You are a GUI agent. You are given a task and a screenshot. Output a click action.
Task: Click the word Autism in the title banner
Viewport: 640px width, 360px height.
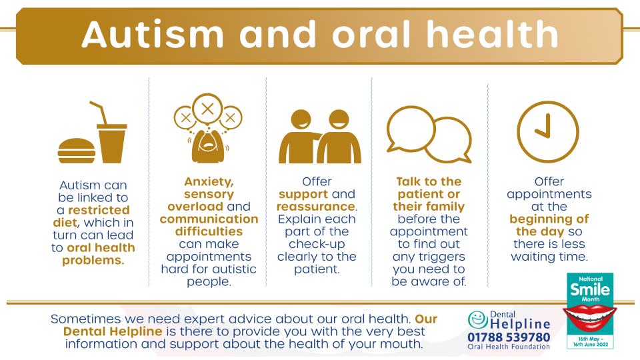(x=153, y=34)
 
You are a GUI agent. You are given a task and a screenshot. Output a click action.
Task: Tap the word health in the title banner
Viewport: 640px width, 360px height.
(x=492, y=34)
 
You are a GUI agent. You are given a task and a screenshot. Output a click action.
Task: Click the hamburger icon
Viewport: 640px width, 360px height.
(x=76, y=151)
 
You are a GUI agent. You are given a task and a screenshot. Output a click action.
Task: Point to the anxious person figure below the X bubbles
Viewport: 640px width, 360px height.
(x=208, y=145)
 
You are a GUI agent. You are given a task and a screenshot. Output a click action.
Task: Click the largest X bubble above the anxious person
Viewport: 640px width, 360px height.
(x=208, y=109)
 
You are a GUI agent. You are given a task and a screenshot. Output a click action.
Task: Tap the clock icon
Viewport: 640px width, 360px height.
(x=548, y=132)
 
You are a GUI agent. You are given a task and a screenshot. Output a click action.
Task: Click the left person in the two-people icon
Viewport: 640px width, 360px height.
(x=299, y=137)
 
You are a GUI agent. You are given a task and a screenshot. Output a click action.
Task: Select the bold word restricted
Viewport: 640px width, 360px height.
(x=99, y=210)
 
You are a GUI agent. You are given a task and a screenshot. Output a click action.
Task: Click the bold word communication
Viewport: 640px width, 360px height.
(x=209, y=219)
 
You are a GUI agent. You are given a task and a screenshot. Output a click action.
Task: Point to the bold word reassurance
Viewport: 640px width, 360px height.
(x=316, y=207)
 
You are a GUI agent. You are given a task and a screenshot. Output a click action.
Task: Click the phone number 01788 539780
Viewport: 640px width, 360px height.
(x=509, y=337)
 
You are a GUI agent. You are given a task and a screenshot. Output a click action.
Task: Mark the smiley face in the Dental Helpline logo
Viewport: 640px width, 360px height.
(x=478, y=319)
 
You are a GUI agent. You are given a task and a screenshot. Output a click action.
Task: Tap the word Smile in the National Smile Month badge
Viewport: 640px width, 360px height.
(x=590, y=289)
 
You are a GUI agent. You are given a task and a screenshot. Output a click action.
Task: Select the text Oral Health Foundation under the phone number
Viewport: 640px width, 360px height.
(x=509, y=347)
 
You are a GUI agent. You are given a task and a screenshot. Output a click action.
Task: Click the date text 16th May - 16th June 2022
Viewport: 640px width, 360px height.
(x=590, y=341)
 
